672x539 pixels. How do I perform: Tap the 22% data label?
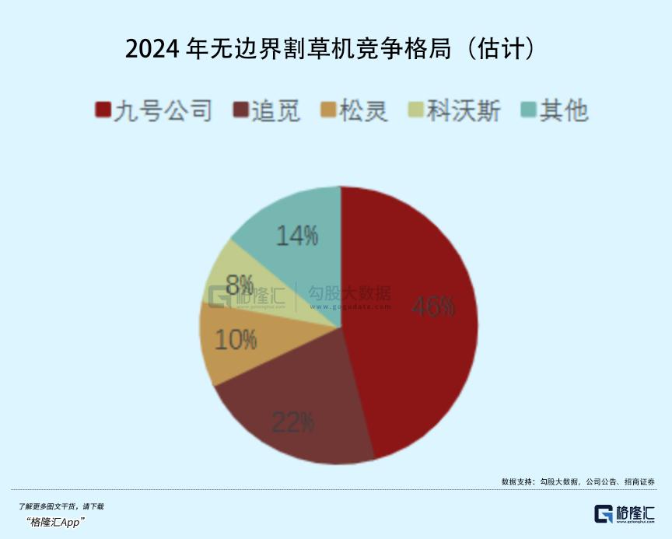coord(293,422)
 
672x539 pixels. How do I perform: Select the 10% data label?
coord(234,339)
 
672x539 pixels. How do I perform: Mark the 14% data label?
coord(297,235)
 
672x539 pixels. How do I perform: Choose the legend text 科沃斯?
coord(464,111)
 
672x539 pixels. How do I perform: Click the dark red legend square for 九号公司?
coord(103,111)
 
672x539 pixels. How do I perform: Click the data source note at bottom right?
coord(578,481)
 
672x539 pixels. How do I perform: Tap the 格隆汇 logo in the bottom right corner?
coord(625,514)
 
